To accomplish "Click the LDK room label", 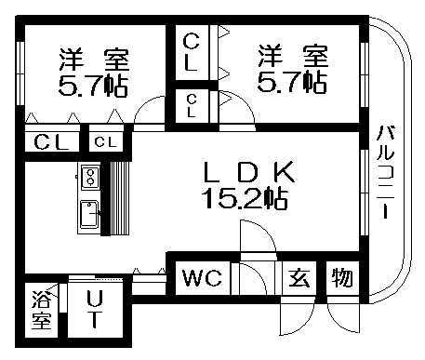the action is tap(249, 171).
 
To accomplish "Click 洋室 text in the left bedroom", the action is tap(93, 59).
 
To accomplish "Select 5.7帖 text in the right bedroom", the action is tap(293, 82).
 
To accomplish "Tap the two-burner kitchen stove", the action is tap(90, 175).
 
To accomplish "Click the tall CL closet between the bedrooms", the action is tap(192, 53).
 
